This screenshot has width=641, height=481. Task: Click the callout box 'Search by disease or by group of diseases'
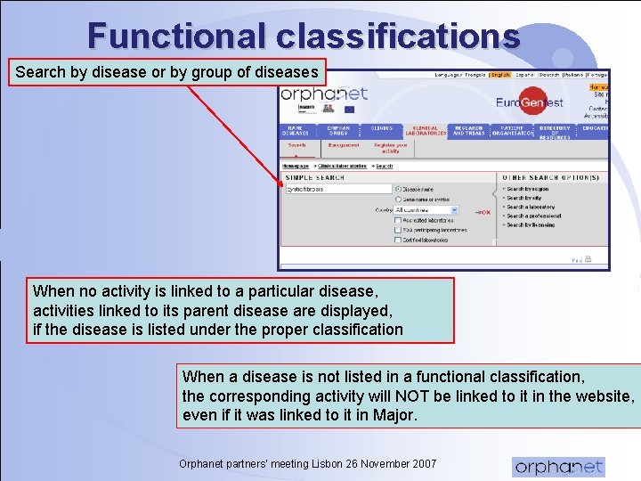(x=166, y=72)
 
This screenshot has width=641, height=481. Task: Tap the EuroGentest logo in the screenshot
(x=530, y=102)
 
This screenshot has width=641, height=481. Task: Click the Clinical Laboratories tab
(x=425, y=131)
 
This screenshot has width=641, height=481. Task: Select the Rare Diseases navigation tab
(x=296, y=131)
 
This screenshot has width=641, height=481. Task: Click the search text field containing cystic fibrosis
(x=338, y=189)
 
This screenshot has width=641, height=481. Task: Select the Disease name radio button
(x=398, y=189)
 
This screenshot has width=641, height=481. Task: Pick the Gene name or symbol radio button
(x=398, y=200)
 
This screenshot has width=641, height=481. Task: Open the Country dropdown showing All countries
(x=426, y=210)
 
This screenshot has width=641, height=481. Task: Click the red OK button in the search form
(x=483, y=212)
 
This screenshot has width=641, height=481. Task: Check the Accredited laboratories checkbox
(x=398, y=221)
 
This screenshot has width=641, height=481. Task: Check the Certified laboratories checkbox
(x=398, y=240)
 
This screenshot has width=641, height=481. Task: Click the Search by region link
(x=529, y=189)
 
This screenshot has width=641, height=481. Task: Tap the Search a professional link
(x=534, y=216)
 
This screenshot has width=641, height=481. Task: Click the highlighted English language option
(x=500, y=76)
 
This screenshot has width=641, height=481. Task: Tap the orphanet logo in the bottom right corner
(x=558, y=466)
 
